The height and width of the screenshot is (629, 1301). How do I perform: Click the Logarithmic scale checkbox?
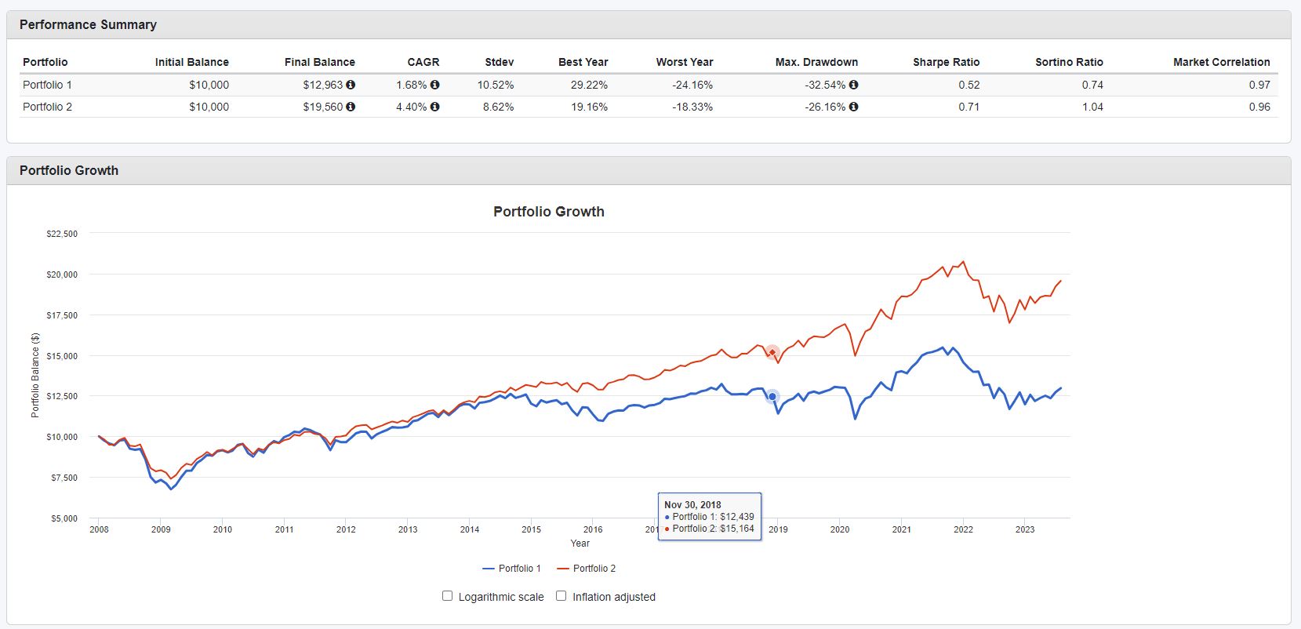(x=448, y=596)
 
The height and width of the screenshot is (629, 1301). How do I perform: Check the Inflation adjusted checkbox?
(x=561, y=596)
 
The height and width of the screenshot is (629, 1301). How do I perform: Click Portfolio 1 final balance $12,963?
(x=322, y=85)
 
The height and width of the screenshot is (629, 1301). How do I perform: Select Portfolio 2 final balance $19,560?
(x=322, y=107)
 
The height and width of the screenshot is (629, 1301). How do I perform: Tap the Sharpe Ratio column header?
(x=946, y=62)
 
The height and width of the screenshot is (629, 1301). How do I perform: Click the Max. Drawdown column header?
(x=816, y=62)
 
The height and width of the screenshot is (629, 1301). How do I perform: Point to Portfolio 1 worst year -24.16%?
(x=692, y=85)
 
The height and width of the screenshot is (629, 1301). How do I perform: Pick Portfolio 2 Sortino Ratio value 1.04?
(x=1092, y=107)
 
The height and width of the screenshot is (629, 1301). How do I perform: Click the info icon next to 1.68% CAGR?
(x=435, y=85)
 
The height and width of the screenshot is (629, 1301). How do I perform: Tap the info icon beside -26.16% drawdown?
(x=853, y=107)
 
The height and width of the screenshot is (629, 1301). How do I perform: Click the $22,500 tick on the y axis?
(x=62, y=234)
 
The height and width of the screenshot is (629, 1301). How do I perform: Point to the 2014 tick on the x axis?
(x=470, y=529)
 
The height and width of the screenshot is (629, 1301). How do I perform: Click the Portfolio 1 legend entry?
(x=511, y=569)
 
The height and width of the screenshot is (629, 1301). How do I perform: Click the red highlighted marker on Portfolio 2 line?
(x=772, y=352)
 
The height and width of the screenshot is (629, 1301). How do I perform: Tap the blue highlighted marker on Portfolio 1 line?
(x=772, y=397)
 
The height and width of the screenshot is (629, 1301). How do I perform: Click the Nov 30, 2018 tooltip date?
(x=692, y=505)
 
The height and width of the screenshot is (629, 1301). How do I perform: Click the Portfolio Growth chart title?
(x=548, y=212)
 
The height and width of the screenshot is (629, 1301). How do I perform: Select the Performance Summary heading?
(x=88, y=24)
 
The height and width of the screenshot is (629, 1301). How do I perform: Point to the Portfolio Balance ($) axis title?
(x=35, y=375)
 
